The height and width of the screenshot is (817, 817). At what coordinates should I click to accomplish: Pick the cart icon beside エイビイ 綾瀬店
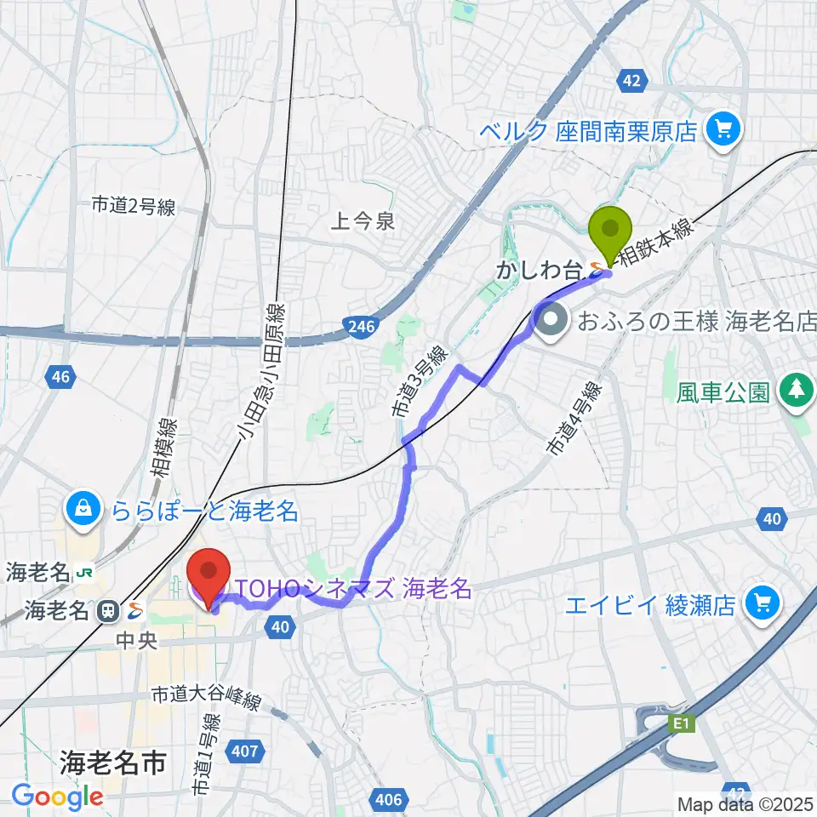(x=762, y=605)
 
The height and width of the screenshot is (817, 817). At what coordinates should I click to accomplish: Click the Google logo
(x=57, y=797)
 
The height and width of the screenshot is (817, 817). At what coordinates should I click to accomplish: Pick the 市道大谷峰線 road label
(x=205, y=696)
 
